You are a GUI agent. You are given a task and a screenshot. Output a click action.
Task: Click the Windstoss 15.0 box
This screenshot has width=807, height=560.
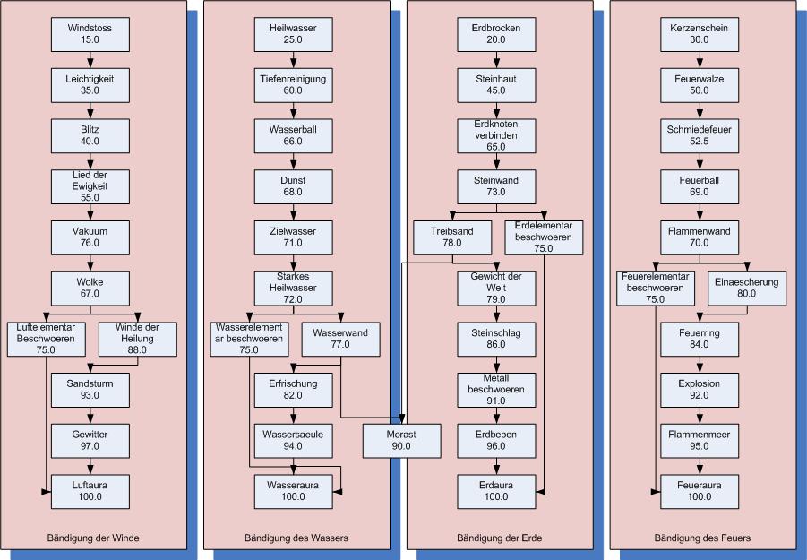[90, 34]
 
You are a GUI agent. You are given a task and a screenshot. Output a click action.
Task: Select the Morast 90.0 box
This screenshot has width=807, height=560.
[401, 440]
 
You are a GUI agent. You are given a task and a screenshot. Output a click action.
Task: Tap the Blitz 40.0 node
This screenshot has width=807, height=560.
[90, 134]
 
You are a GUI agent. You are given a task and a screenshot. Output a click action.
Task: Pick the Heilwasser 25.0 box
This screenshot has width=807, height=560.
[292, 34]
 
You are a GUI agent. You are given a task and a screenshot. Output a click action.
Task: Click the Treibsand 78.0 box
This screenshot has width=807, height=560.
[451, 237]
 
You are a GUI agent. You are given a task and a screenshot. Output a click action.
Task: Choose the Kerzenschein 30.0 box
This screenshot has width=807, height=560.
[700, 34]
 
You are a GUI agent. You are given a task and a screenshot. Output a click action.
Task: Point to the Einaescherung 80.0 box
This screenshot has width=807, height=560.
[746, 288]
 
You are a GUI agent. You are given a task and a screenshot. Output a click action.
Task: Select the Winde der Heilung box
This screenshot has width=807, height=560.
[136, 338]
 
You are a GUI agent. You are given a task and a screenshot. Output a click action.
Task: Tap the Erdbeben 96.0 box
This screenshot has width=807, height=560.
[496, 440]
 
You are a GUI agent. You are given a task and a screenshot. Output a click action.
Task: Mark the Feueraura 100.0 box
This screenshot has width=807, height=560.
[700, 490]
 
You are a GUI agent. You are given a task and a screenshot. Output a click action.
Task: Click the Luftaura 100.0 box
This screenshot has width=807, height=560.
[90, 490]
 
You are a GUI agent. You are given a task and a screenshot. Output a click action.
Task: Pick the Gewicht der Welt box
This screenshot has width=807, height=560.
[496, 288]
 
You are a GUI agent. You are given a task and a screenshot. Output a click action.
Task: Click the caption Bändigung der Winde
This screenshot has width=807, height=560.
[93, 538]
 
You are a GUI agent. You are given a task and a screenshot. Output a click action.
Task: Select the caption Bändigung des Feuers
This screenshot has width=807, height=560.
[702, 538]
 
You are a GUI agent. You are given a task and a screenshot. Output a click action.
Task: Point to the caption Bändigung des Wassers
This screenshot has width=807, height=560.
[296, 538]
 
